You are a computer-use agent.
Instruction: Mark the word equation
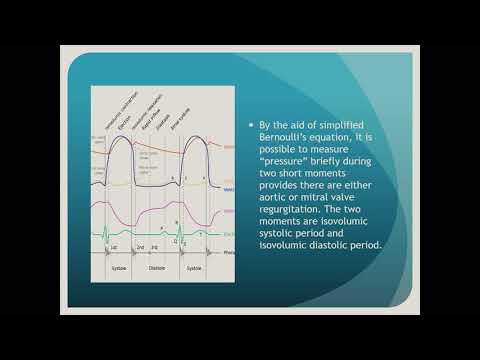click(340, 139)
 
